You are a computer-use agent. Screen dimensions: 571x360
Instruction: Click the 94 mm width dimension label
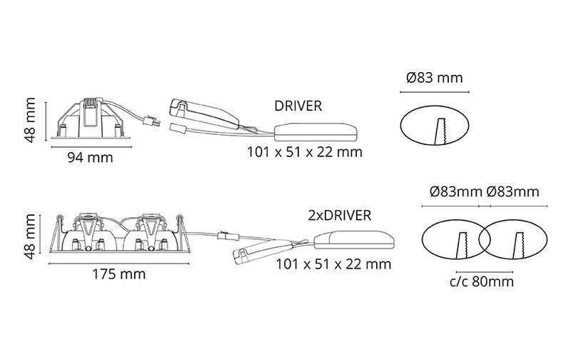(91, 158)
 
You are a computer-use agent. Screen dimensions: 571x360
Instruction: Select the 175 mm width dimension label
(118, 274)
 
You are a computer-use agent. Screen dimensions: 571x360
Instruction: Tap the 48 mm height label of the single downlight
(29, 120)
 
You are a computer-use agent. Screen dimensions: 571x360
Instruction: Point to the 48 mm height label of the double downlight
(29, 236)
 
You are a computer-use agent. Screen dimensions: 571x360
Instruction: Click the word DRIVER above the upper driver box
(298, 106)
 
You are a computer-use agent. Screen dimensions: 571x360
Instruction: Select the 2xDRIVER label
(340, 215)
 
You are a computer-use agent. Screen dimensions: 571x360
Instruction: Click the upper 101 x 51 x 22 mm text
(305, 152)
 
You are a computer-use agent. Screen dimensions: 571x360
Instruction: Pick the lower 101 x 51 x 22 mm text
(333, 264)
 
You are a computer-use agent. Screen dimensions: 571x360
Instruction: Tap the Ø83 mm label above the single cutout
(435, 78)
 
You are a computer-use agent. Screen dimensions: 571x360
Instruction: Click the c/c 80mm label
(481, 281)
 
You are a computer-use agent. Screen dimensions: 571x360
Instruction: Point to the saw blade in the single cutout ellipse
(440, 131)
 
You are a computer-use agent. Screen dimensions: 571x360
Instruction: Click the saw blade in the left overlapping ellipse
(462, 246)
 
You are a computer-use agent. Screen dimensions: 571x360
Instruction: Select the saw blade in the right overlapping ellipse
(519, 246)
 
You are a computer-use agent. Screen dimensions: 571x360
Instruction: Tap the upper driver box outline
(315, 132)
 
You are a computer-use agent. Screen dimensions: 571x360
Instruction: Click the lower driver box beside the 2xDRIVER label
(354, 241)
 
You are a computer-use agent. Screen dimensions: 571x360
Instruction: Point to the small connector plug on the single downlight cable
(152, 120)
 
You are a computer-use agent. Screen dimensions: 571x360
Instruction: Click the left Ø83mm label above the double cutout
(455, 191)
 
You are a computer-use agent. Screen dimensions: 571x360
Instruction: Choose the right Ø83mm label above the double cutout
(512, 191)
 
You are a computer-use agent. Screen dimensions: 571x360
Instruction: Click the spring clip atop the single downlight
(92, 103)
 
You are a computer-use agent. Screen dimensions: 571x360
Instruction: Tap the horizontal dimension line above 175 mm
(118, 264)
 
